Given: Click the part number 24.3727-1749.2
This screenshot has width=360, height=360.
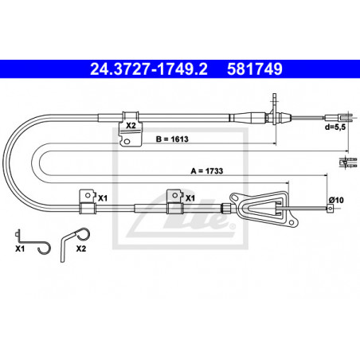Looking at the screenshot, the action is click(149, 69).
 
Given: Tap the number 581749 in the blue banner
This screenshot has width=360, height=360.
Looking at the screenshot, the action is click(255, 69).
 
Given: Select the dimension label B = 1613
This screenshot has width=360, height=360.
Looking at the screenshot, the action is click(172, 139).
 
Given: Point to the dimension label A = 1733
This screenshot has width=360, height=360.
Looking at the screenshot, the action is click(207, 171).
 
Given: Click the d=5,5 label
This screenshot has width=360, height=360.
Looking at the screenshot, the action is click(335, 127).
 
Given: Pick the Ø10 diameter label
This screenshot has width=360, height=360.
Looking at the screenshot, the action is click(336, 200).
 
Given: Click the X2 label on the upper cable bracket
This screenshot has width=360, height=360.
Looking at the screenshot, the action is click(131, 125).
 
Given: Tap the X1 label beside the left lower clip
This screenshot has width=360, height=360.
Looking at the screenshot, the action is click(103, 198).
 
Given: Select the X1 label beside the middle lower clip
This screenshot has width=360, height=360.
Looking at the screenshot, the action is click(190, 198).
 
